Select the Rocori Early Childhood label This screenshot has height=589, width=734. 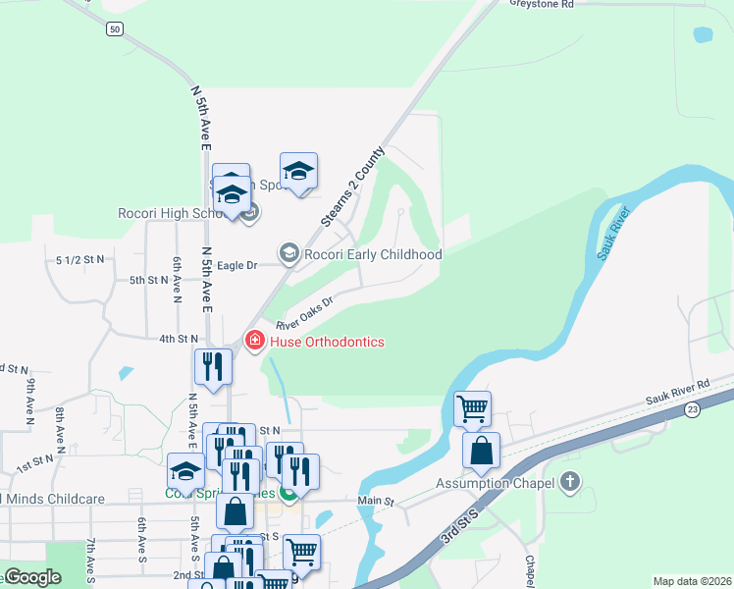click(373, 254)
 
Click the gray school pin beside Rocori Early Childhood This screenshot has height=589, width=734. click(289, 254)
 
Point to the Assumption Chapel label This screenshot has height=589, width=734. click(498, 483)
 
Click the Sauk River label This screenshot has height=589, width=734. click(611, 234)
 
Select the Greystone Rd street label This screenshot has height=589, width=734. click(542, 5)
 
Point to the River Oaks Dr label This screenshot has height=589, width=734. click(305, 312)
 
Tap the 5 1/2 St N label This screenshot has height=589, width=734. click(80, 259)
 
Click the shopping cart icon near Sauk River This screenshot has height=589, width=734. click(473, 407)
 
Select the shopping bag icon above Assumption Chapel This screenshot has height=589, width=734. click(481, 451)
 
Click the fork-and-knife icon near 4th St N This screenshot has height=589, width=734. click(213, 367)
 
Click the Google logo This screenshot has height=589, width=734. click(33, 576)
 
